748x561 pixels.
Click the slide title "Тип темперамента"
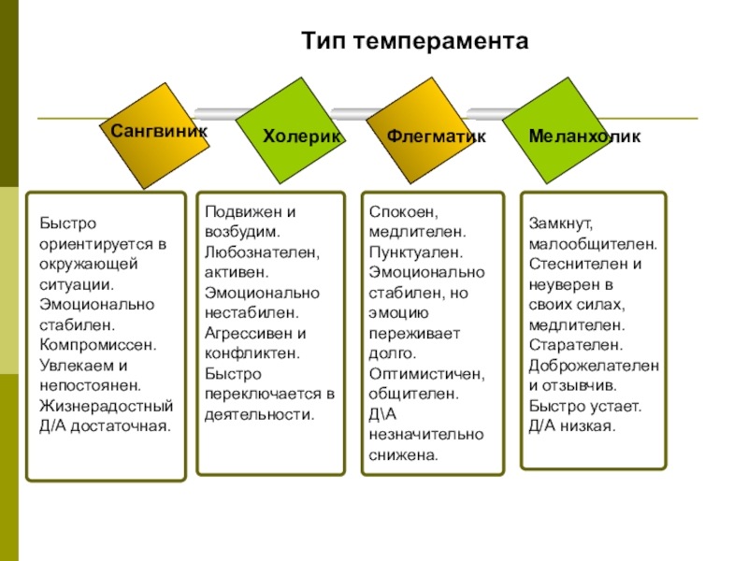[x=415, y=42]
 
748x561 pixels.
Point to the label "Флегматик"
[x=437, y=137]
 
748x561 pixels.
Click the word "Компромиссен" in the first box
[x=97, y=344]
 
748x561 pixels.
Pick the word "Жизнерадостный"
[x=106, y=406]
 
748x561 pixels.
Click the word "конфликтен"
[x=251, y=352]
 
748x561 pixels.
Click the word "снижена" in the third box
[x=403, y=455]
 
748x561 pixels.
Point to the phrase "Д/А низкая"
[x=571, y=426]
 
